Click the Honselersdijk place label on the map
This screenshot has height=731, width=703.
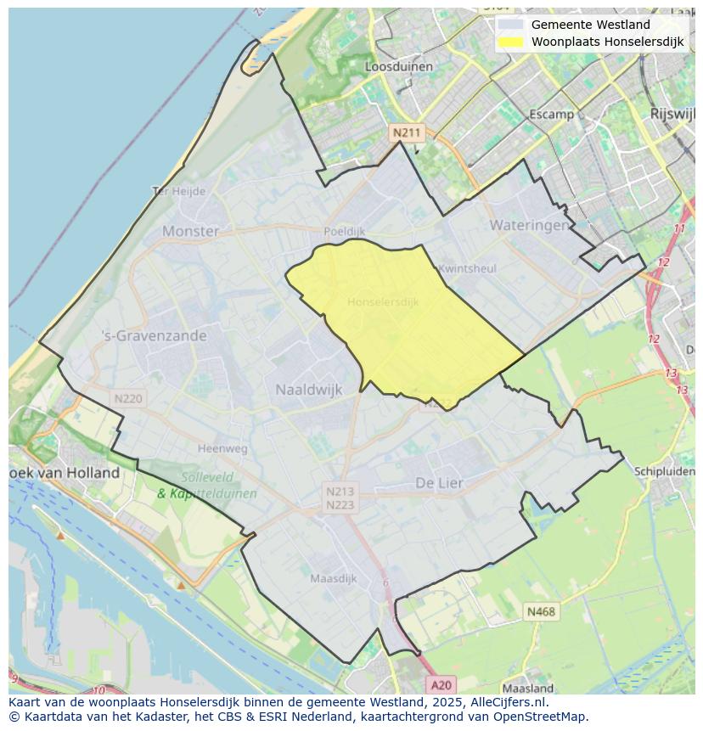(x=383, y=301)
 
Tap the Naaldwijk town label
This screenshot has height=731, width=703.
(x=308, y=390)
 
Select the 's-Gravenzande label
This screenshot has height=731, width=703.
(x=154, y=335)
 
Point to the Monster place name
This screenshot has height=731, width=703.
(x=190, y=231)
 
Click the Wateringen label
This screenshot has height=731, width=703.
(x=529, y=225)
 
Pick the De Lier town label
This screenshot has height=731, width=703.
(x=439, y=482)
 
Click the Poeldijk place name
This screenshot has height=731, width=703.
(x=344, y=231)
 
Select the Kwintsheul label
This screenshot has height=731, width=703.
(x=467, y=268)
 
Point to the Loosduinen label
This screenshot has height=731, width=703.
(x=398, y=66)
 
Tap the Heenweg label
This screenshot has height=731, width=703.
(x=222, y=448)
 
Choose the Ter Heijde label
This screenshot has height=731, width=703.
(x=178, y=191)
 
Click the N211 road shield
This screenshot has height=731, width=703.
(x=406, y=132)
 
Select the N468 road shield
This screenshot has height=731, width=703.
(x=541, y=611)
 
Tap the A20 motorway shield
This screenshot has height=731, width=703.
(x=441, y=684)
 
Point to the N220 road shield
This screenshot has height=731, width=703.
(x=128, y=398)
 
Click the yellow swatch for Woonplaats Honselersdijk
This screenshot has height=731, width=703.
(x=510, y=42)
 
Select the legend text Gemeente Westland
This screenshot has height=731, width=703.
(x=590, y=25)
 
